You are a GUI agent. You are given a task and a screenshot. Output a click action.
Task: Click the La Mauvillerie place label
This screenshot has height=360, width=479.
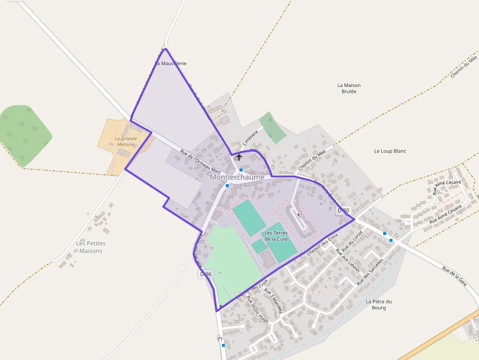pos(171,64)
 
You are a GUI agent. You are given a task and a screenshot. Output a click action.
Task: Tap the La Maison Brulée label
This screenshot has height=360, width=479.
pos(349,88)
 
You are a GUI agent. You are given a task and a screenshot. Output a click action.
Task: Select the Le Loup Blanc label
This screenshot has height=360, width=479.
pos(390,151)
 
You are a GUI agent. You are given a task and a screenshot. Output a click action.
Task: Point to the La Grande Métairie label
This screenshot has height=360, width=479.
pos(126,142)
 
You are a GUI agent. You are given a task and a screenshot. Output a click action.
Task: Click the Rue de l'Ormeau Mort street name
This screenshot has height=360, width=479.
pos(200,162)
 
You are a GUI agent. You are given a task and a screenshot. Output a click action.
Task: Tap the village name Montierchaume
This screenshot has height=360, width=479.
pos(237,177)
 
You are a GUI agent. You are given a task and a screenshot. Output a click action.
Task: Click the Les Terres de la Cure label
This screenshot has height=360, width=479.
pos(276,236)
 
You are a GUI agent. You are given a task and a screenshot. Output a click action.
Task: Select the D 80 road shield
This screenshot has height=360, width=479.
pos(344,211)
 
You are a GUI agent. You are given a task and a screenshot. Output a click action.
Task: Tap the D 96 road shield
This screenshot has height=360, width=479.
pos(206,274)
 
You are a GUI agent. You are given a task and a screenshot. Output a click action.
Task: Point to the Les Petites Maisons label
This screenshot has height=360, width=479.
pos(91,247)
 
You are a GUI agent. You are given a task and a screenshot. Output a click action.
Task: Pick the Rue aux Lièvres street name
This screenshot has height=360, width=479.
pos(348,260)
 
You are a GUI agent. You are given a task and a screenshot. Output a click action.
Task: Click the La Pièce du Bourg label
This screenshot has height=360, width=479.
pos(379,304)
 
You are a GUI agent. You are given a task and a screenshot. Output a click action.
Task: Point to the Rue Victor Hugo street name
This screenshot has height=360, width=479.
pos(258,309)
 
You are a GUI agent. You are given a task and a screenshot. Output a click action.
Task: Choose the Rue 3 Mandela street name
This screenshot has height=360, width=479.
pos(273,301)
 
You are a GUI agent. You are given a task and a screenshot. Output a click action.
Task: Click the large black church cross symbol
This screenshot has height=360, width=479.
pos(239,157)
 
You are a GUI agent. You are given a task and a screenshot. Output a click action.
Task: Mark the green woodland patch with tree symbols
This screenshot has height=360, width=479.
pos(24,132)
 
